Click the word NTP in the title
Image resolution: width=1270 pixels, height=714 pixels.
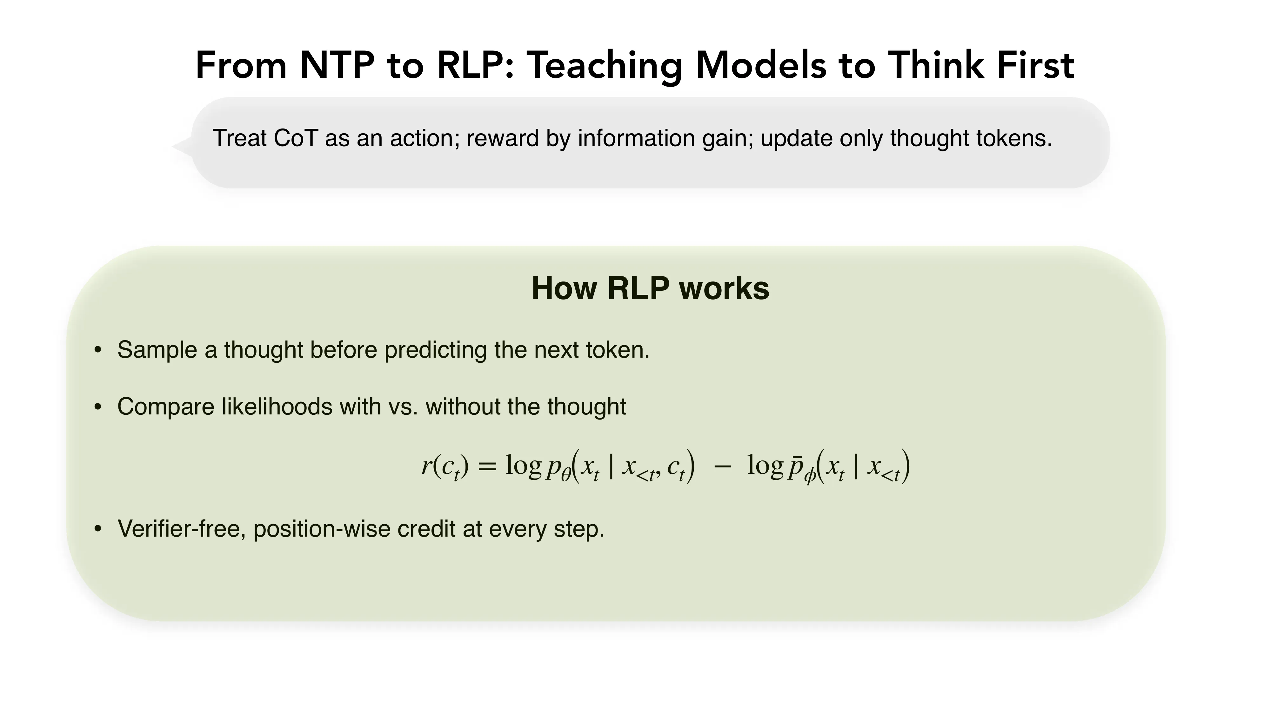(x=337, y=65)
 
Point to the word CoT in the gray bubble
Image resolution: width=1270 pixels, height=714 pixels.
(x=295, y=138)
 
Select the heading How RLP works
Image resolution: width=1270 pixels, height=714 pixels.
(x=650, y=288)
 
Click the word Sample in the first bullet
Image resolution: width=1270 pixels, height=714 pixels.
(x=157, y=350)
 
